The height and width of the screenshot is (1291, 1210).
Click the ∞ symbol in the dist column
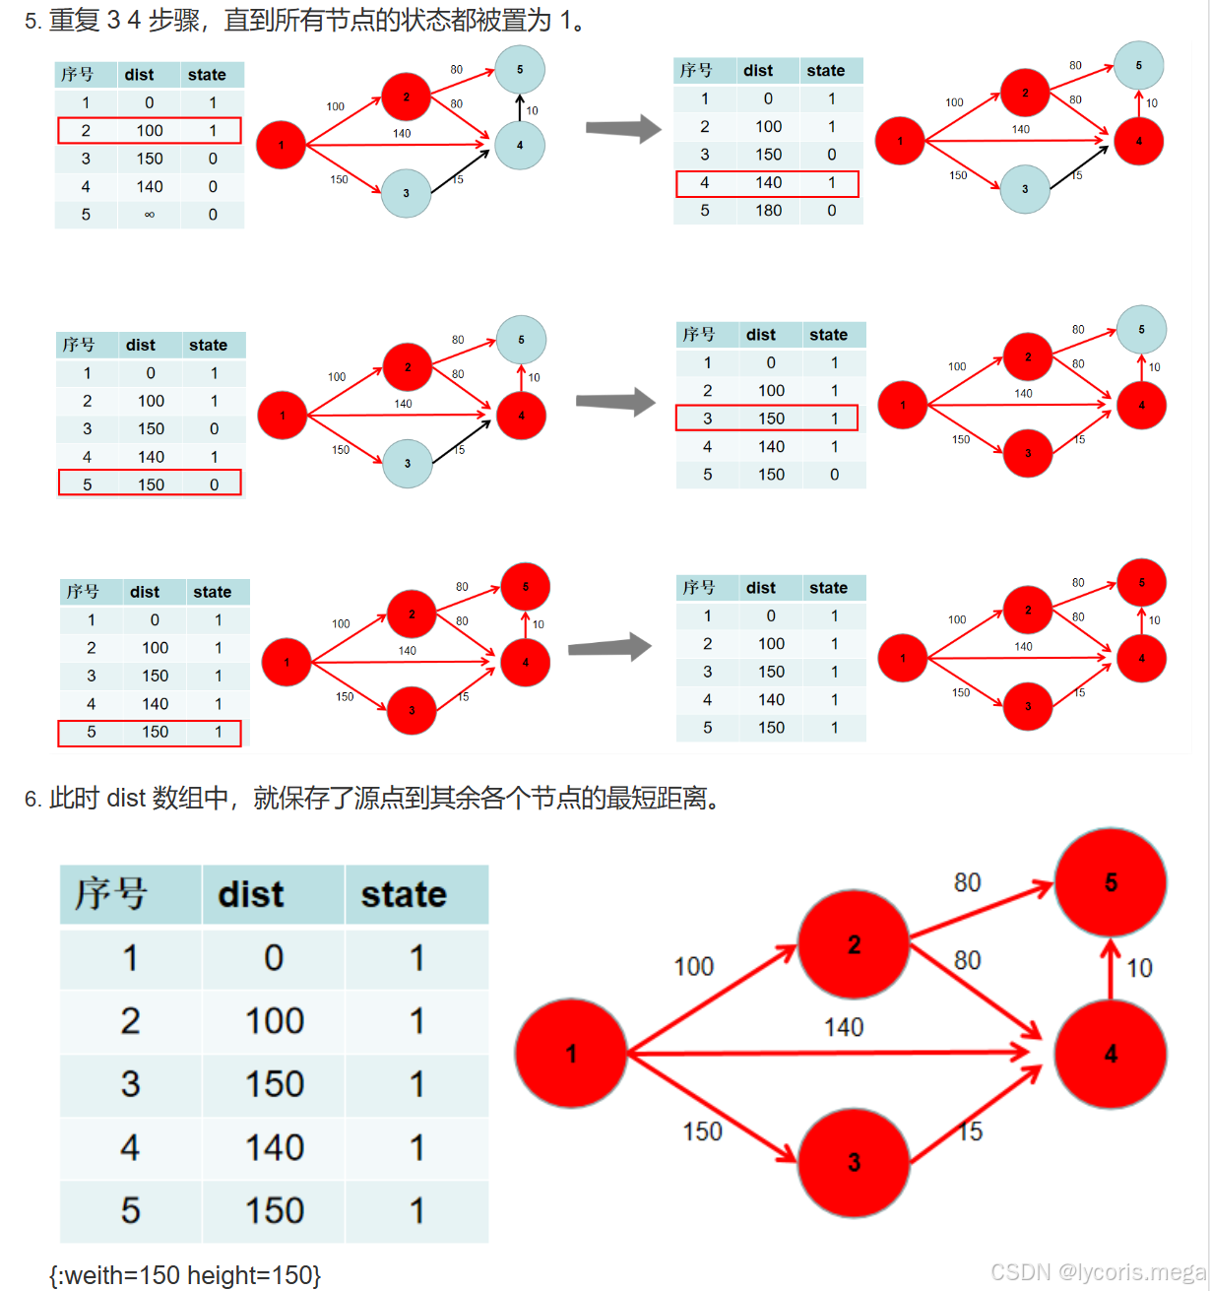(150, 215)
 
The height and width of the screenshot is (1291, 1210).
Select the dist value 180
(768, 211)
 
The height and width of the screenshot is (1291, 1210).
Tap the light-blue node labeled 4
(520, 146)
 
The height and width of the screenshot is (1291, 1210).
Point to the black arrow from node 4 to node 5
(520, 107)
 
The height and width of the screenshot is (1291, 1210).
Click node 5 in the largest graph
(1111, 882)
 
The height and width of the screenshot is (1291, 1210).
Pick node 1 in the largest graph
(571, 1054)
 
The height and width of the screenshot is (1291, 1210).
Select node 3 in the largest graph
(854, 1162)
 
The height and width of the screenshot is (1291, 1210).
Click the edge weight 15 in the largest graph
(970, 1131)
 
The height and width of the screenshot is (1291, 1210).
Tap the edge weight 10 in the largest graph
(1139, 968)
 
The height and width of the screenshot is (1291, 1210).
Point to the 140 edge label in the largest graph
(844, 1027)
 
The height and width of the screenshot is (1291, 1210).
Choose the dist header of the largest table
(251, 894)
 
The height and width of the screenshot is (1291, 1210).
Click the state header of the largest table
(404, 894)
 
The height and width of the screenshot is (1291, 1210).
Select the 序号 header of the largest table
(111, 894)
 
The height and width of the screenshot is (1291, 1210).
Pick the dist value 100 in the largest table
(274, 1021)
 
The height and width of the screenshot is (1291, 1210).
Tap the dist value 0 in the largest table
(274, 958)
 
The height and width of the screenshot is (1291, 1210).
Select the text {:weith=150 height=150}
(185, 1275)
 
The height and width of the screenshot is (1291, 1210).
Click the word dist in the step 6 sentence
(126, 798)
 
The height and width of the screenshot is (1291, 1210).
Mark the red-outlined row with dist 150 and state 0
(150, 484)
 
